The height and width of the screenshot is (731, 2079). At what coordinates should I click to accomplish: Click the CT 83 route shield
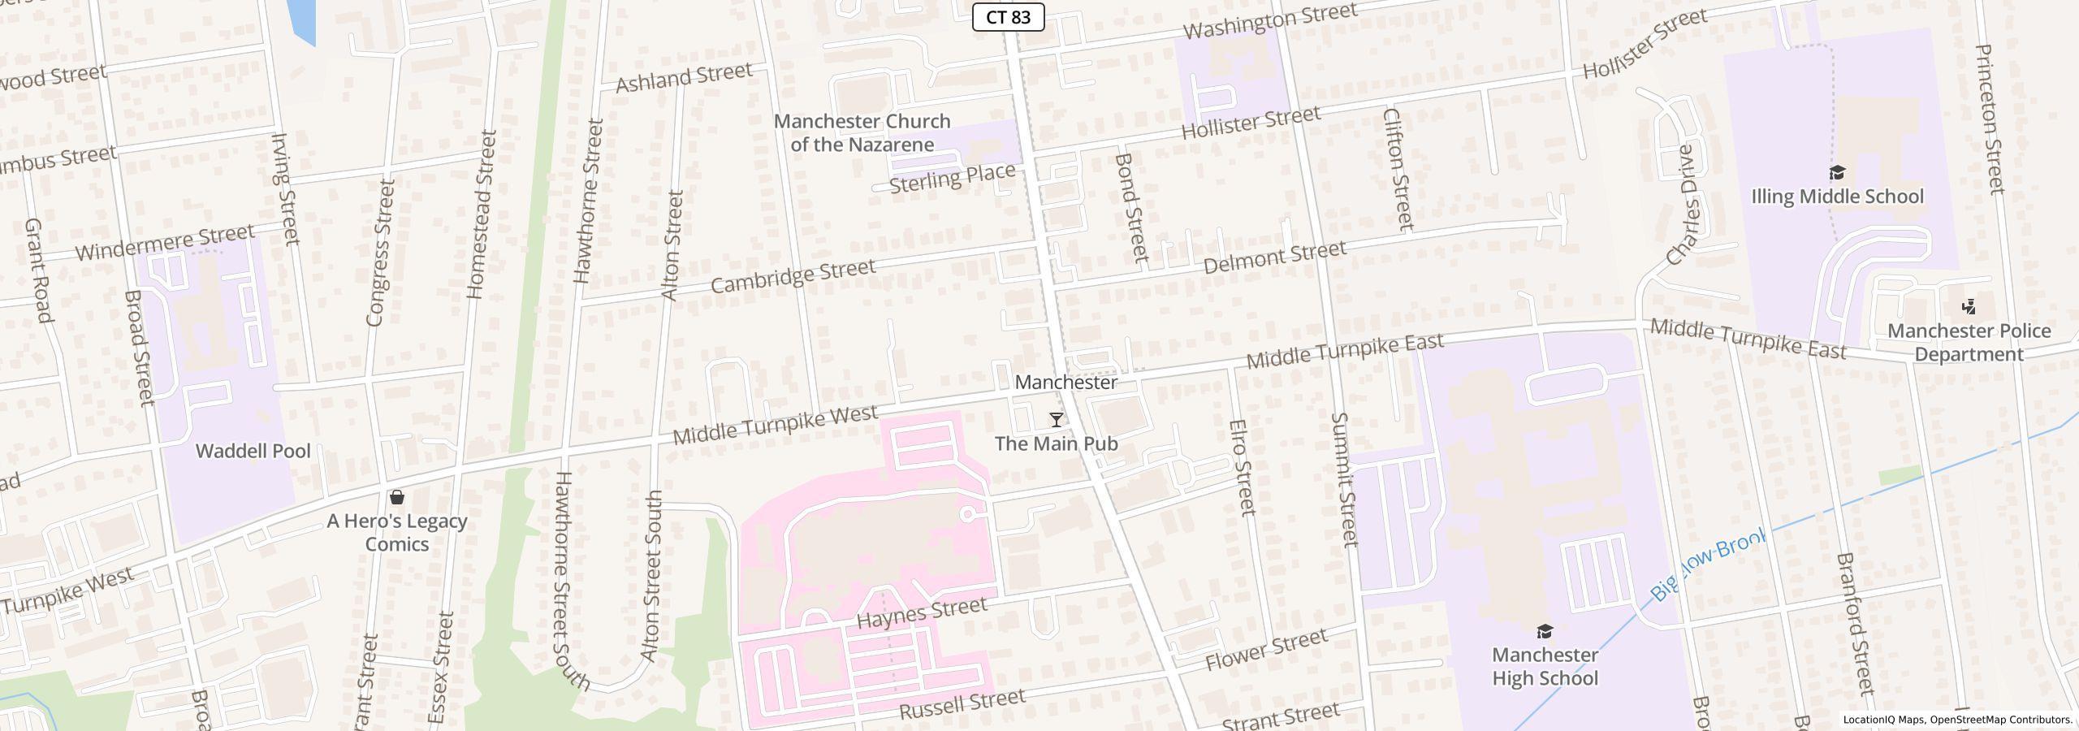pyautogui.click(x=1008, y=16)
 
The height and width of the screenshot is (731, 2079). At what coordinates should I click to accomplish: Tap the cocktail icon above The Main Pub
pyautogui.click(x=1056, y=420)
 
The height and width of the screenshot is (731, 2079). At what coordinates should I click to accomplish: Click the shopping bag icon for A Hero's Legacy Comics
pyautogui.click(x=397, y=496)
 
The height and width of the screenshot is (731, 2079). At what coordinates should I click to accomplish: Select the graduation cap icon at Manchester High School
pyautogui.click(x=1545, y=631)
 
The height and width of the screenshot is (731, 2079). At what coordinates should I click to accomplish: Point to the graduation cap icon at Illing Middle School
pyautogui.click(x=1837, y=173)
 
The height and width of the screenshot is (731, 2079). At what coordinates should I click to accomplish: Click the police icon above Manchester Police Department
pyautogui.click(x=1969, y=307)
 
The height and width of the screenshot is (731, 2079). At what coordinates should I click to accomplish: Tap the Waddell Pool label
pyautogui.click(x=253, y=451)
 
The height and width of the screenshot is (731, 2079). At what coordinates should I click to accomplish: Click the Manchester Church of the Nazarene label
pyautogui.click(x=862, y=132)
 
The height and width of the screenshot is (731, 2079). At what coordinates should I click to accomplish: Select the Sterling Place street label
pyautogui.click(x=952, y=178)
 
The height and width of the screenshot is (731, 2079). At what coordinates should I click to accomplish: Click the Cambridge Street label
pyautogui.click(x=793, y=276)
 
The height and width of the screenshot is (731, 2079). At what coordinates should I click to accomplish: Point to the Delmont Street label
pyautogui.click(x=1274, y=257)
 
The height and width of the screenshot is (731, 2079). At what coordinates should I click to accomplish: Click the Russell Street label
pyautogui.click(x=962, y=704)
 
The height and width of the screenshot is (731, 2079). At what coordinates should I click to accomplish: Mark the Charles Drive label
pyautogui.click(x=1682, y=206)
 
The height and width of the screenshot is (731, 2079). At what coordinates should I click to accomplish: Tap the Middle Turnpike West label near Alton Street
pyautogui.click(x=775, y=426)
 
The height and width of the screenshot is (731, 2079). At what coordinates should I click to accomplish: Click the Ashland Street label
pyautogui.click(x=684, y=78)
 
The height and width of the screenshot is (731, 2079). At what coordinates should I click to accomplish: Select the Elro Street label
pyautogui.click(x=1243, y=467)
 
